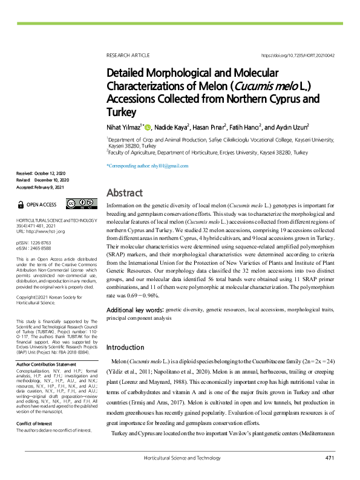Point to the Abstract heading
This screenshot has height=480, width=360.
tap(124, 193)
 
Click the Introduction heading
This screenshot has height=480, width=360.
tap(125, 348)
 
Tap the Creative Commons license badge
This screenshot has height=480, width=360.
tap(81, 204)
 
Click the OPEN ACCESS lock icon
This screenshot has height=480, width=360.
tap(22, 204)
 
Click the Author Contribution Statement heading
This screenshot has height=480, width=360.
tap(46, 365)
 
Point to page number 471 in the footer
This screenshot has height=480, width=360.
tap(330, 458)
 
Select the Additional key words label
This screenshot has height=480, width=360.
tap(134, 309)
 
